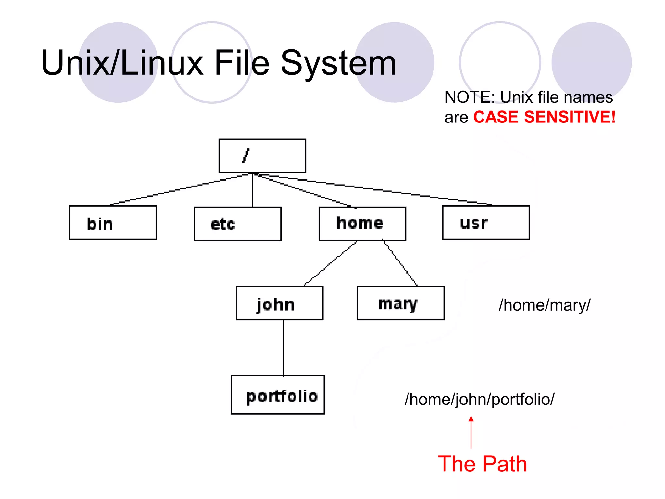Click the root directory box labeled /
(262, 156)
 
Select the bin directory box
(113, 223)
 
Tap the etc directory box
(237, 224)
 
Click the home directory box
(362, 224)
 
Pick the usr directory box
(486, 223)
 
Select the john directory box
(279, 303)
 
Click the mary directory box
(400, 303)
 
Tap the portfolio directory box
(278, 395)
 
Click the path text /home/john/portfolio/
(479, 399)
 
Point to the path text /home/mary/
(544, 305)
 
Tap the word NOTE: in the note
(470, 97)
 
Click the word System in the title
(338, 63)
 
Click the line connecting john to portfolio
(283, 348)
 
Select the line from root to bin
(180, 190)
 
